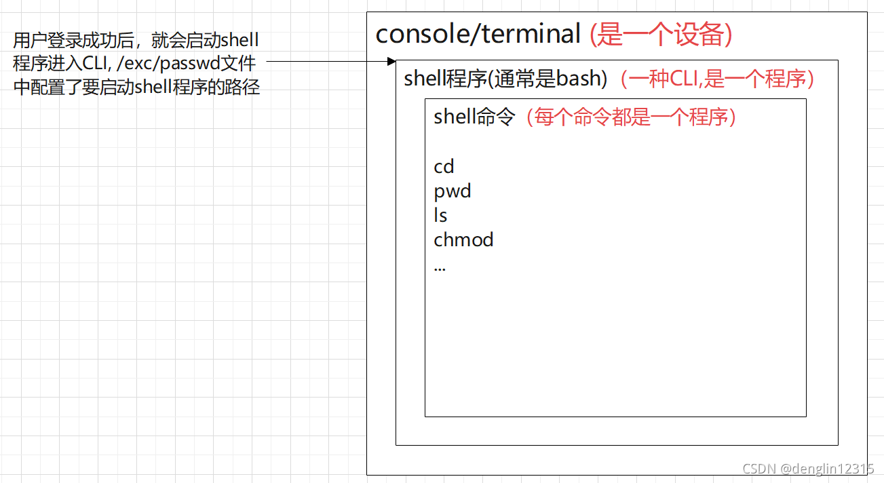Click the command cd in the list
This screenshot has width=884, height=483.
pos(444,166)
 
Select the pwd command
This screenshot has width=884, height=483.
pos(453,191)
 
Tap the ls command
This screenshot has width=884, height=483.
pos(440,216)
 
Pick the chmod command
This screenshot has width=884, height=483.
pos(463,240)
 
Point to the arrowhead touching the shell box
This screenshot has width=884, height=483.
pos(391,61)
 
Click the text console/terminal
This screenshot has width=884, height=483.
pos(478,34)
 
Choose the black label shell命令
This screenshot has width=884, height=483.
pos(474,117)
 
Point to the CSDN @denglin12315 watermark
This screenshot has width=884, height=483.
pos(808,469)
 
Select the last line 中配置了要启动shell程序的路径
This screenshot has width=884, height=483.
pos(136,88)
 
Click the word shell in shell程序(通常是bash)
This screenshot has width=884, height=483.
pos(424,79)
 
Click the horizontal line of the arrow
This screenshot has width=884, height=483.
pos(326,61)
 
